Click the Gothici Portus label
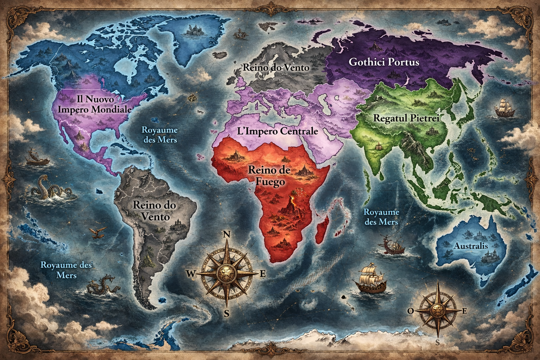tap(384, 62)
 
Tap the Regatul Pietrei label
tap(406, 118)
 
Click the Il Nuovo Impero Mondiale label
tap(95, 104)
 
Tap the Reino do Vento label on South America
tap(155, 210)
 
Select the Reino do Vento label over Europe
tap(276, 67)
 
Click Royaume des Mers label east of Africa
tap(381, 217)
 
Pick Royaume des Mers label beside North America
tap(160, 135)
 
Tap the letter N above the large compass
tap(227, 235)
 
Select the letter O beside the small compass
tap(410, 310)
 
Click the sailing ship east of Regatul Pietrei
tap(504, 108)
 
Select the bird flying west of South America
tap(97, 232)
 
